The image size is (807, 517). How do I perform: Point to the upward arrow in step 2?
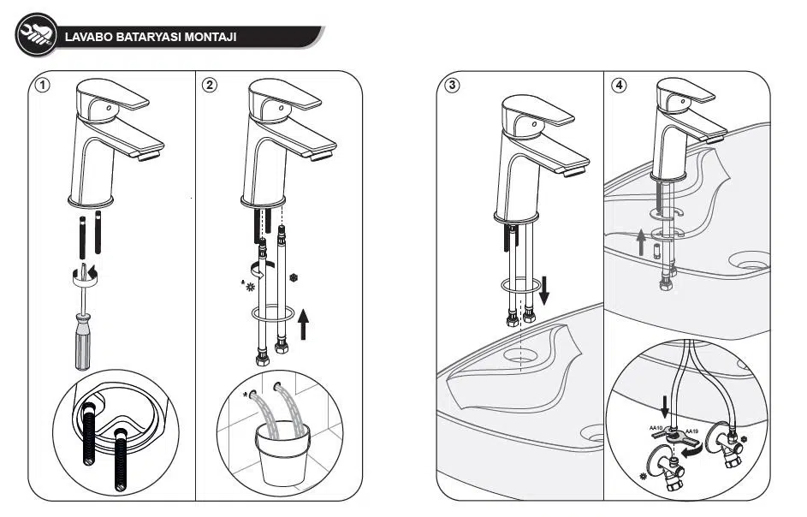pos(302,324)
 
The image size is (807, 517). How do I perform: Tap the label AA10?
pos(658,427)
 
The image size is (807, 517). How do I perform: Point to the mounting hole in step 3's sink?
pos(519,352)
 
